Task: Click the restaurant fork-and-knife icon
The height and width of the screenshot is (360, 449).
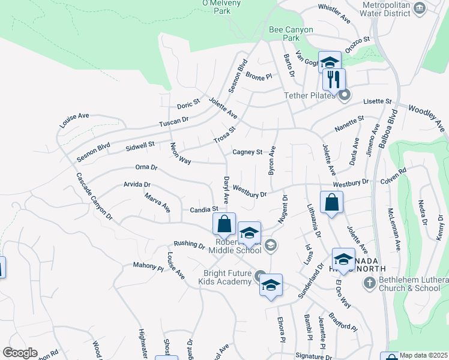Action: [334, 79]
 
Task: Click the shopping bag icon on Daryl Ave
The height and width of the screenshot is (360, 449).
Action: [224, 224]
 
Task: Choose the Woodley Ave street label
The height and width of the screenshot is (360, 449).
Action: [427, 117]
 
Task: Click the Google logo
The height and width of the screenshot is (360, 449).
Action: [19, 353]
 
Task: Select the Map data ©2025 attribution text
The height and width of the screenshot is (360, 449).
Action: [424, 355]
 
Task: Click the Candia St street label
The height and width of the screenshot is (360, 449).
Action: [203, 209]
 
